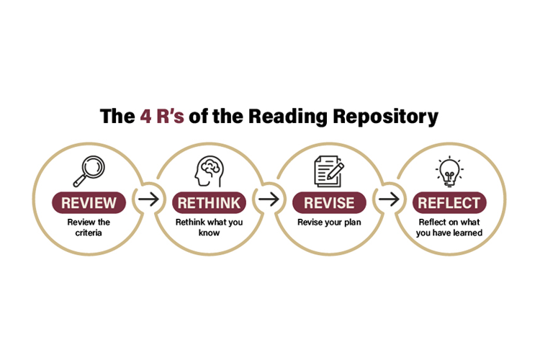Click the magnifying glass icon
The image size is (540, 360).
pyautogui.click(x=89, y=171)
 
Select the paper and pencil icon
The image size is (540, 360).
pyautogui.click(x=328, y=171)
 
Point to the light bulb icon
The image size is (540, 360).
pyautogui.click(x=450, y=171)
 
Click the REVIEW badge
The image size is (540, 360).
pyautogui.click(x=89, y=202)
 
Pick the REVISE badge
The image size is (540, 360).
pyautogui.click(x=329, y=202)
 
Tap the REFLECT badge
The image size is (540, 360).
pyautogui.click(x=450, y=202)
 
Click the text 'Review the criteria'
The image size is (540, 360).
pyautogui.click(x=89, y=227)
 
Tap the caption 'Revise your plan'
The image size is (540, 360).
pyautogui.click(x=329, y=222)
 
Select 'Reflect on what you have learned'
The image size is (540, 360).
pyautogui.click(x=450, y=227)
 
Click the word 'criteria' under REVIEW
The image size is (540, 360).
pyautogui.click(x=89, y=233)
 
